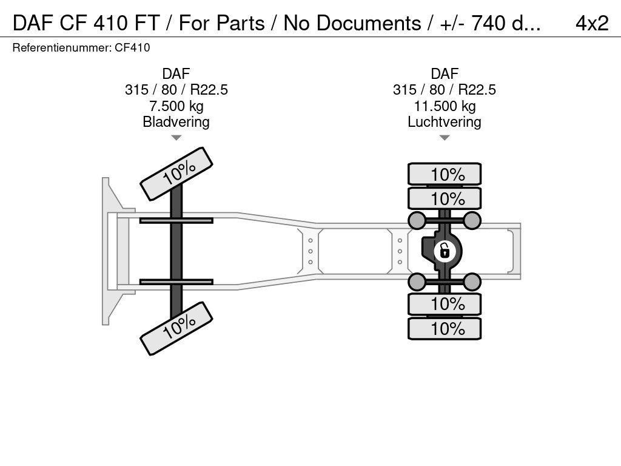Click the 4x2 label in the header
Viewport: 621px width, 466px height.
click(592, 23)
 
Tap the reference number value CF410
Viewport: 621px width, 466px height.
click(132, 47)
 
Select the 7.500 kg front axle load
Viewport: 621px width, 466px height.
click(176, 106)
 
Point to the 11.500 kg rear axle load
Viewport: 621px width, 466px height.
click(445, 106)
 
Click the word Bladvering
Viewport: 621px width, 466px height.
click(176, 121)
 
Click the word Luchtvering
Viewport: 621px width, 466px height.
click(445, 121)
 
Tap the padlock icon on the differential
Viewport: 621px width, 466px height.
click(445, 251)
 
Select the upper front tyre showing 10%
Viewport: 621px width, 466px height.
click(176, 174)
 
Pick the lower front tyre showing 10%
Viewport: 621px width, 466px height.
click(176, 328)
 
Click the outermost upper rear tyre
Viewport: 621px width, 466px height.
click(445, 174)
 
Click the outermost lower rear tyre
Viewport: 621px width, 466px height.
click(445, 328)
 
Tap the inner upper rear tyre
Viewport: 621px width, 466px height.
click(445, 198)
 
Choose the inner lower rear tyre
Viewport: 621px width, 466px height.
click(445, 304)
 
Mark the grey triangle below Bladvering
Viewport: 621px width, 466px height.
click(176, 138)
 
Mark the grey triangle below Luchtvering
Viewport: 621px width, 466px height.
click(445, 138)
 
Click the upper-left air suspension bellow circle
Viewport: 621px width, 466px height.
click(417, 220)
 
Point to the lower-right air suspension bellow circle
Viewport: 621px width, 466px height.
click(472, 282)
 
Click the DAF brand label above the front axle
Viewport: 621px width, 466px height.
click(176, 73)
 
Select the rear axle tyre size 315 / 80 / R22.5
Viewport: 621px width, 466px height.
click(445, 90)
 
